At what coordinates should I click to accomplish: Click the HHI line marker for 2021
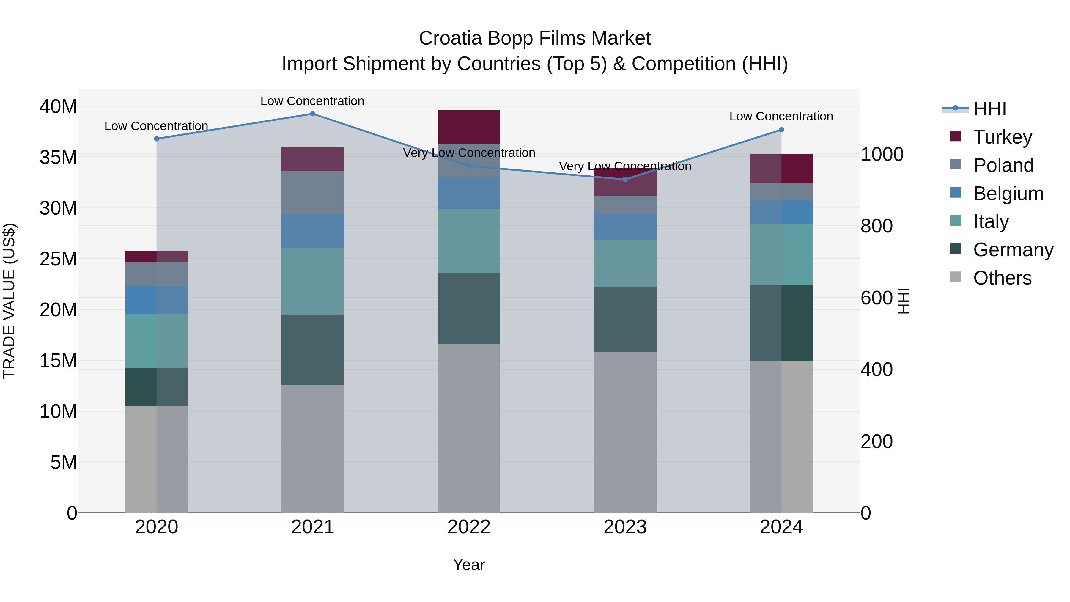click(x=313, y=114)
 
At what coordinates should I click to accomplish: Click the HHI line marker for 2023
click(x=625, y=180)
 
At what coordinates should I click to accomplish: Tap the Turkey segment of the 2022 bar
click(x=469, y=127)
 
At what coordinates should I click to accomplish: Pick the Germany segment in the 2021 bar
click(x=313, y=349)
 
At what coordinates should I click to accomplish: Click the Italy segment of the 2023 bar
click(x=625, y=263)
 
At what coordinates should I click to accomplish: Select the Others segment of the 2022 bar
click(x=469, y=428)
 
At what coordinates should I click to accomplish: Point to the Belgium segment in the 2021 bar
click(x=313, y=231)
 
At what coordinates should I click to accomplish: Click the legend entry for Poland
click(x=1003, y=165)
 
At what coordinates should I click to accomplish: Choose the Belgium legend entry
click(x=1008, y=194)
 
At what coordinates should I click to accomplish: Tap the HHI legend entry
click(x=989, y=109)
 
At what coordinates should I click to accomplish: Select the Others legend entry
click(x=1002, y=278)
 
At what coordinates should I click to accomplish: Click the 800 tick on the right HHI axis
click(x=877, y=226)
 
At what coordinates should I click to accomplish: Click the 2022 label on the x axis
click(x=469, y=527)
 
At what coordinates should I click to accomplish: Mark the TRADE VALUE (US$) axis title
click(x=10, y=301)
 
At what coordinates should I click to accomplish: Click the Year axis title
click(x=469, y=565)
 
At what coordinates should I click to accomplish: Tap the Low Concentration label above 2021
click(x=312, y=101)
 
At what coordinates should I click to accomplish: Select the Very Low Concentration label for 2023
click(x=625, y=166)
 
